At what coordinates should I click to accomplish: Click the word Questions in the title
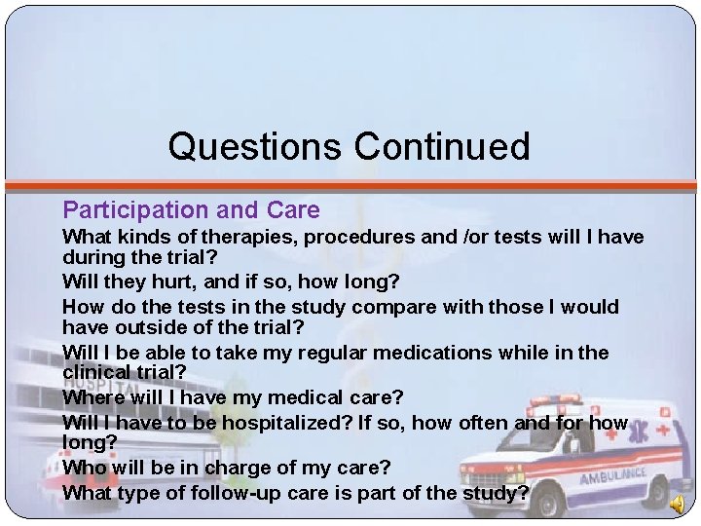coord(255,147)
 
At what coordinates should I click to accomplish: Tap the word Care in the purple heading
coord(295,210)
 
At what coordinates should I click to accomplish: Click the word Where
coord(92,397)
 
